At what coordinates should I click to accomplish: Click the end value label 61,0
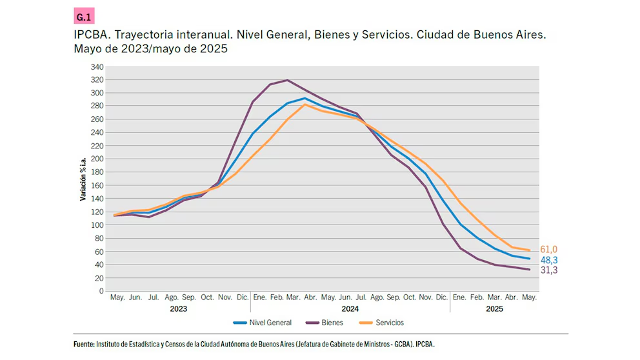coord(548,250)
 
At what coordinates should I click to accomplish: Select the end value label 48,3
coord(548,260)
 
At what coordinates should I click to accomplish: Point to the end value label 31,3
coord(548,270)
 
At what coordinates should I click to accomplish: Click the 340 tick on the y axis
coord(97,66)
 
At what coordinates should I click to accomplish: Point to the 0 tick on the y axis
coord(101,291)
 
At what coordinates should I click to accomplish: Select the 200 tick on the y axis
coord(97,159)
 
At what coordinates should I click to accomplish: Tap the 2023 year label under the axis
coord(179,309)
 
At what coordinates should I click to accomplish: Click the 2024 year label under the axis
coord(350,309)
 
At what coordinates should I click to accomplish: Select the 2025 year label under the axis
coord(494,309)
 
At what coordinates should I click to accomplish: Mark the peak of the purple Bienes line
coord(286,80)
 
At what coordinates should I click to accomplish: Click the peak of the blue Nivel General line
coord(305,98)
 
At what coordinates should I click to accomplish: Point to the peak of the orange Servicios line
coord(305,105)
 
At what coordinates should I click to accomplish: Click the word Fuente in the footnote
coord(85,345)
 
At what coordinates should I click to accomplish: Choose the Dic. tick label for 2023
coord(243,297)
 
